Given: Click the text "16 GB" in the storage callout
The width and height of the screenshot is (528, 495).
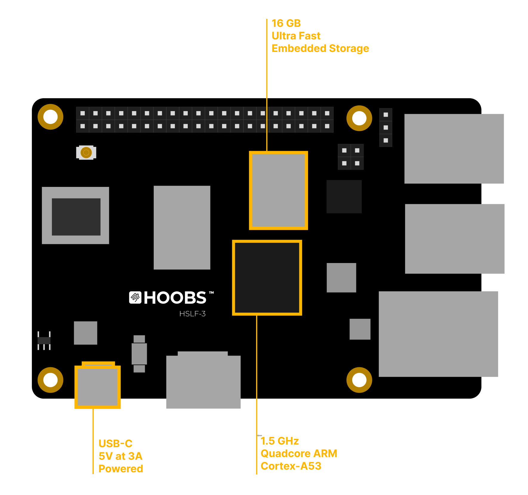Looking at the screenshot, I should (286, 23).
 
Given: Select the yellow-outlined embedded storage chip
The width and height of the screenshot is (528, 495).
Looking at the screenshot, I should (278, 190).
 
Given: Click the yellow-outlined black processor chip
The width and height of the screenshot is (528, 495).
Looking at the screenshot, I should (267, 278).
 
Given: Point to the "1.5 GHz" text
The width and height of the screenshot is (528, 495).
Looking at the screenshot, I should (280, 441).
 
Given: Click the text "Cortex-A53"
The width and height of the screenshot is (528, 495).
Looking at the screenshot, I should (291, 466).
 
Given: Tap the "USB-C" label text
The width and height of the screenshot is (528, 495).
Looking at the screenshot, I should (116, 444).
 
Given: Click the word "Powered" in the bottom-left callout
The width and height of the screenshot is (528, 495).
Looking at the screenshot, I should (121, 469).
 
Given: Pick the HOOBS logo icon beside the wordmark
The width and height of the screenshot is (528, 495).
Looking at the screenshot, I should (135, 297).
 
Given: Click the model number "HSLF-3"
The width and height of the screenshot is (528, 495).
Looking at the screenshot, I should (193, 314).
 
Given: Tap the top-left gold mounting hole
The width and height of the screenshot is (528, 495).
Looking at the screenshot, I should (50, 117).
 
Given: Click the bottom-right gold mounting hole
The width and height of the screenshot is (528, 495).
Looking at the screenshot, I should (359, 380).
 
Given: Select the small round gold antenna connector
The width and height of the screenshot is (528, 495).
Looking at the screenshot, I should (86, 153).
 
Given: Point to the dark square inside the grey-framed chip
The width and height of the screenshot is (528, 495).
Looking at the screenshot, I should (76, 217).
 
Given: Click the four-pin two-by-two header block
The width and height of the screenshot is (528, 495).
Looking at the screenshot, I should (351, 157).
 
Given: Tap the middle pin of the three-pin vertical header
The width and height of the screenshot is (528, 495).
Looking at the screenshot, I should (386, 127).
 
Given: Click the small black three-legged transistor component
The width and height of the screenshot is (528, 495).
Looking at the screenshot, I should (44, 341).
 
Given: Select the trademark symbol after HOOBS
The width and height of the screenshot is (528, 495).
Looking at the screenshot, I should (211, 293).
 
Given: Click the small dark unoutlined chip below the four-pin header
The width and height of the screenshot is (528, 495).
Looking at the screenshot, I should (344, 196).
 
